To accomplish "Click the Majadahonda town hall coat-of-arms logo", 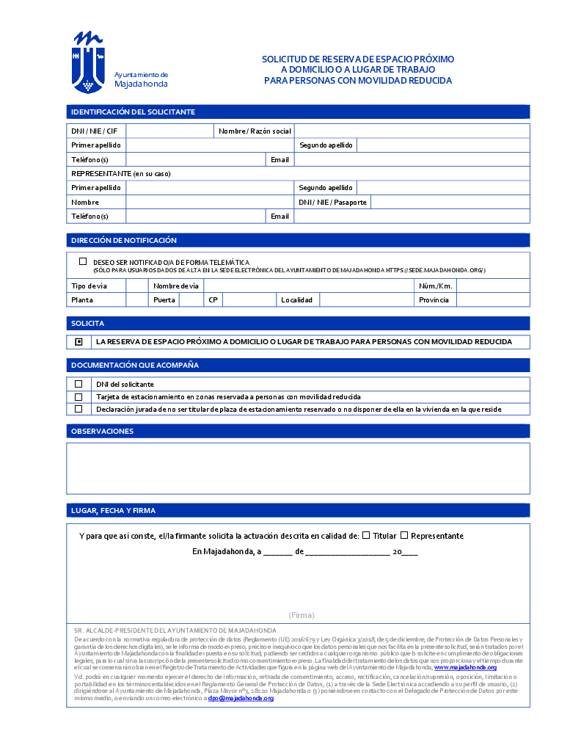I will click(89, 62).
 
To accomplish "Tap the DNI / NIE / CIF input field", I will click(169, 131).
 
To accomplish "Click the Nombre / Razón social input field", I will click(412, 131).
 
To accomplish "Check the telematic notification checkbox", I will click(83, 261).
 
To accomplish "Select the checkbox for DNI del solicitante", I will click(78, 384).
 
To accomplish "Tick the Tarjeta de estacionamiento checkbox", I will click(78, 396).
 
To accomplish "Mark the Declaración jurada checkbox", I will click(78, 409).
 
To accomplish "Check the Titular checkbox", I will click(366, 535).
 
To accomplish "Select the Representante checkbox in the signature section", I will click(404, 535).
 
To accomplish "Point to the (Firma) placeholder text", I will click(302, 615).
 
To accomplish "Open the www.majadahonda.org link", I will click(465, 667).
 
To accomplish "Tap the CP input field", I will click(249, 299).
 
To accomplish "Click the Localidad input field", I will click(366, 299).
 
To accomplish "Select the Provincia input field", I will click(492, 299).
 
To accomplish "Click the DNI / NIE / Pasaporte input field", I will click(450, 202).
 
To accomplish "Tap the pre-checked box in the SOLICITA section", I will click(78, 342).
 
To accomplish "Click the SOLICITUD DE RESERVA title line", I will click(358, 59).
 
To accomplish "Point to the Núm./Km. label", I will click(436, 286).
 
